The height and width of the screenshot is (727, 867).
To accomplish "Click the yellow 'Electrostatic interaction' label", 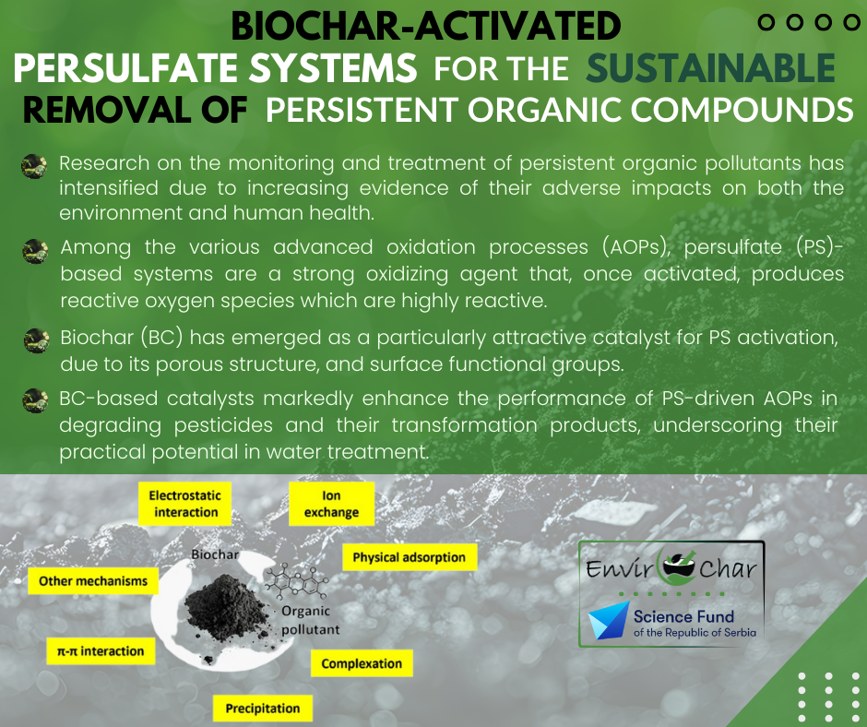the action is point(184,504).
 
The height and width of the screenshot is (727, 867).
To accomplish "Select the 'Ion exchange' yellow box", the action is point(331,504).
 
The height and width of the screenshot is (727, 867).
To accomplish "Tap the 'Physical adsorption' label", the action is point(410,557).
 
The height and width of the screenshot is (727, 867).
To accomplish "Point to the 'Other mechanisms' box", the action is point(93,581).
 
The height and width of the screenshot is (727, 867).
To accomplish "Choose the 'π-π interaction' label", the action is point(101,651).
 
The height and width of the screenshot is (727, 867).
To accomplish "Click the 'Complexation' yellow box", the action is point(362,663).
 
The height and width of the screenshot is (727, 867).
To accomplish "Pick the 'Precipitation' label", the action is point(263,709).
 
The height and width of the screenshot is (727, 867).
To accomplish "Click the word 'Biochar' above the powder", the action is point(215,554).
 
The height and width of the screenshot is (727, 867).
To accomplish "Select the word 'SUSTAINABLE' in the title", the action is point(710,68).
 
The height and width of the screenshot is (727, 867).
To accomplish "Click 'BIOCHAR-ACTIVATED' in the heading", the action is point(426,26).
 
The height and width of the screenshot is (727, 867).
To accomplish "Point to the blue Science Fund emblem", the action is point(609,620).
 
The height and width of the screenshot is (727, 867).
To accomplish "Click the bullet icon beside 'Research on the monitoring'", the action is point(34,166).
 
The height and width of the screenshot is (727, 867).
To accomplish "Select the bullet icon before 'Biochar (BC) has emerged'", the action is point(37,340).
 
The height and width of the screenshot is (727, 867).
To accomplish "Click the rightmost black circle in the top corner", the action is point(851,22).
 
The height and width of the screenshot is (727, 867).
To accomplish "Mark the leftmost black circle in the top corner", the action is point(766,22).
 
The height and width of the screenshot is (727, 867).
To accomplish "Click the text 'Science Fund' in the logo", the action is point(683,616).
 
